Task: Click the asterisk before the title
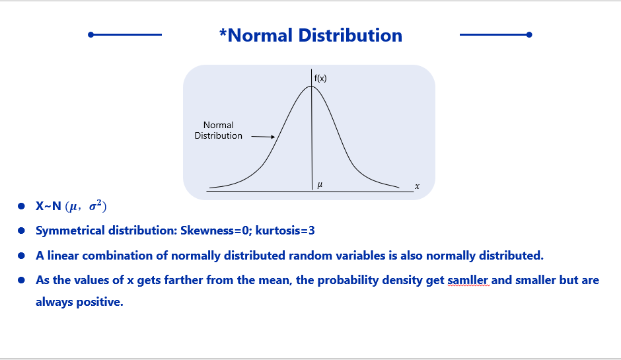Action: pyautogui.click(x=223, y=32)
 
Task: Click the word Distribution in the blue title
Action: pyautogui.click(x=350, y=35)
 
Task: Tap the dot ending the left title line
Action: pyautogui.click(x=91, y=35)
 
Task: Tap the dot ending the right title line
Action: pyautogui.click(x=529, y=35)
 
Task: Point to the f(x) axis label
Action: pyautogui.click(x=320, y=78)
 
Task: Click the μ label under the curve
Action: pyautogui.click(x=320, y=184)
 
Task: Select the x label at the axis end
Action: pyautogui.click(x=417, y=186)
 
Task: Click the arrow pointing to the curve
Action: pyautogui.click(x=263, y=137)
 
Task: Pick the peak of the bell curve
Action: pyautogui.click(x=311, y=86)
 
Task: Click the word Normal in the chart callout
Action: pyautogui.click(x=218, y=125)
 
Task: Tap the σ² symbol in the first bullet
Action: pyautogui.click(x=96, y=205)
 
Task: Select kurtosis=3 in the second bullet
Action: pyautogui.click(x=285, y=231)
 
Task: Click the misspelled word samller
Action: pyautogui.click(x=468, y=280)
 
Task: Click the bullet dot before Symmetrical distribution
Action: pyautogui.click(x=21, y=231)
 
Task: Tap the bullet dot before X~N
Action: pyautogui.click(x=21, y=206)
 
